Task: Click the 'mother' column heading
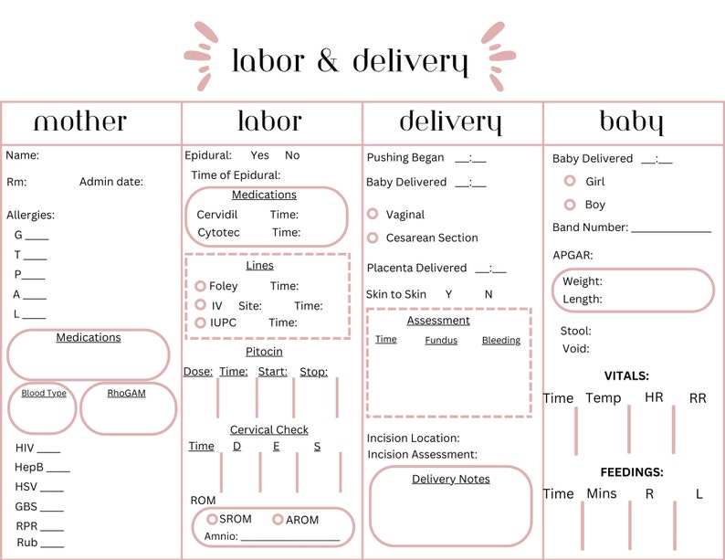click(80, 122)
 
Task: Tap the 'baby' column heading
click(631, 122)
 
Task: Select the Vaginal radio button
click(373, 214)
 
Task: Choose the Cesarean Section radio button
click(373, 238)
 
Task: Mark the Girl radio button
click(570, 182)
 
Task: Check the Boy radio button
click(570, 205)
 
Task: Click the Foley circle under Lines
click(201, 286)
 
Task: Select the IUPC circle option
click(201, 322)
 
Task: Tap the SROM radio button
click(212, 519)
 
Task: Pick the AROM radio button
click(278, 519)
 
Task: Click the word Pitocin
click(264, 352)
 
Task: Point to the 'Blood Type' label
click(44, 394)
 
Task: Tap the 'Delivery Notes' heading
click(450, 479)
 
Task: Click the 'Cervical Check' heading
click(268, 429)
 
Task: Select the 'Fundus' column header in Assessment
click(441, 341)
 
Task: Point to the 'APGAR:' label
click(573, 255)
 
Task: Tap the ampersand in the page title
click(328, 61)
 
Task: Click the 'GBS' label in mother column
click(26, 506)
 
